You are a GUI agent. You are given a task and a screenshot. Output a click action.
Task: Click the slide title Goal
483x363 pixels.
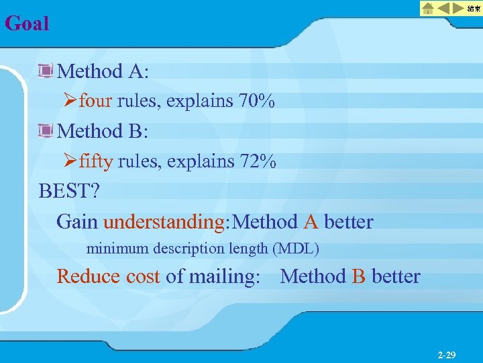click(27, 24)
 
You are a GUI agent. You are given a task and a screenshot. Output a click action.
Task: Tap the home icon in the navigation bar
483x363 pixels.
click(428, 9)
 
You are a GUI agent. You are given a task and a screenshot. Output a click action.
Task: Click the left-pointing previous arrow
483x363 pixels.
click(443, 9)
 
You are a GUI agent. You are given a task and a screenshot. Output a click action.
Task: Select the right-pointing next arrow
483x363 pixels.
click(460, 9)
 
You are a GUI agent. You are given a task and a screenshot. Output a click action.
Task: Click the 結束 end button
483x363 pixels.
click(474, 9)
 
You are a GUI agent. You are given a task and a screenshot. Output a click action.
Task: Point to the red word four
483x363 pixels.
click(96, 102)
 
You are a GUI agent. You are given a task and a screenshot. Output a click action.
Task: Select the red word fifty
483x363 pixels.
click(96, 161)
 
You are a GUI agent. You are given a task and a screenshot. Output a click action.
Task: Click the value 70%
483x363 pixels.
click(256, 102)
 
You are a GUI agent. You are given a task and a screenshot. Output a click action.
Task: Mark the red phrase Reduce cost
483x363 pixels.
click(108, 276)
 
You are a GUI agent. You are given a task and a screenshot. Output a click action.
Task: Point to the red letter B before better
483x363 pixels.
click(359, 276)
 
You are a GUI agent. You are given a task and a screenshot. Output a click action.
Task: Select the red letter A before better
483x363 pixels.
click(311, 221)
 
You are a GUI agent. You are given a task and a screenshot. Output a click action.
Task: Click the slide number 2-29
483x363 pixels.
click(446, 354)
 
